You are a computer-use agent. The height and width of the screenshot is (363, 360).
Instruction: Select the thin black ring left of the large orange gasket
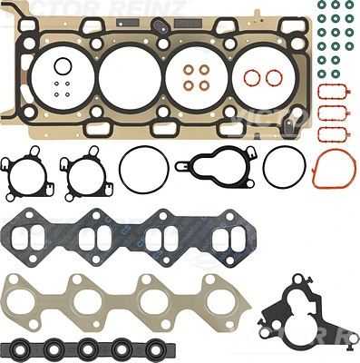click(282, 167)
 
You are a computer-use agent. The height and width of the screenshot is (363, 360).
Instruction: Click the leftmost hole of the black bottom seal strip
click(26, 348)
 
